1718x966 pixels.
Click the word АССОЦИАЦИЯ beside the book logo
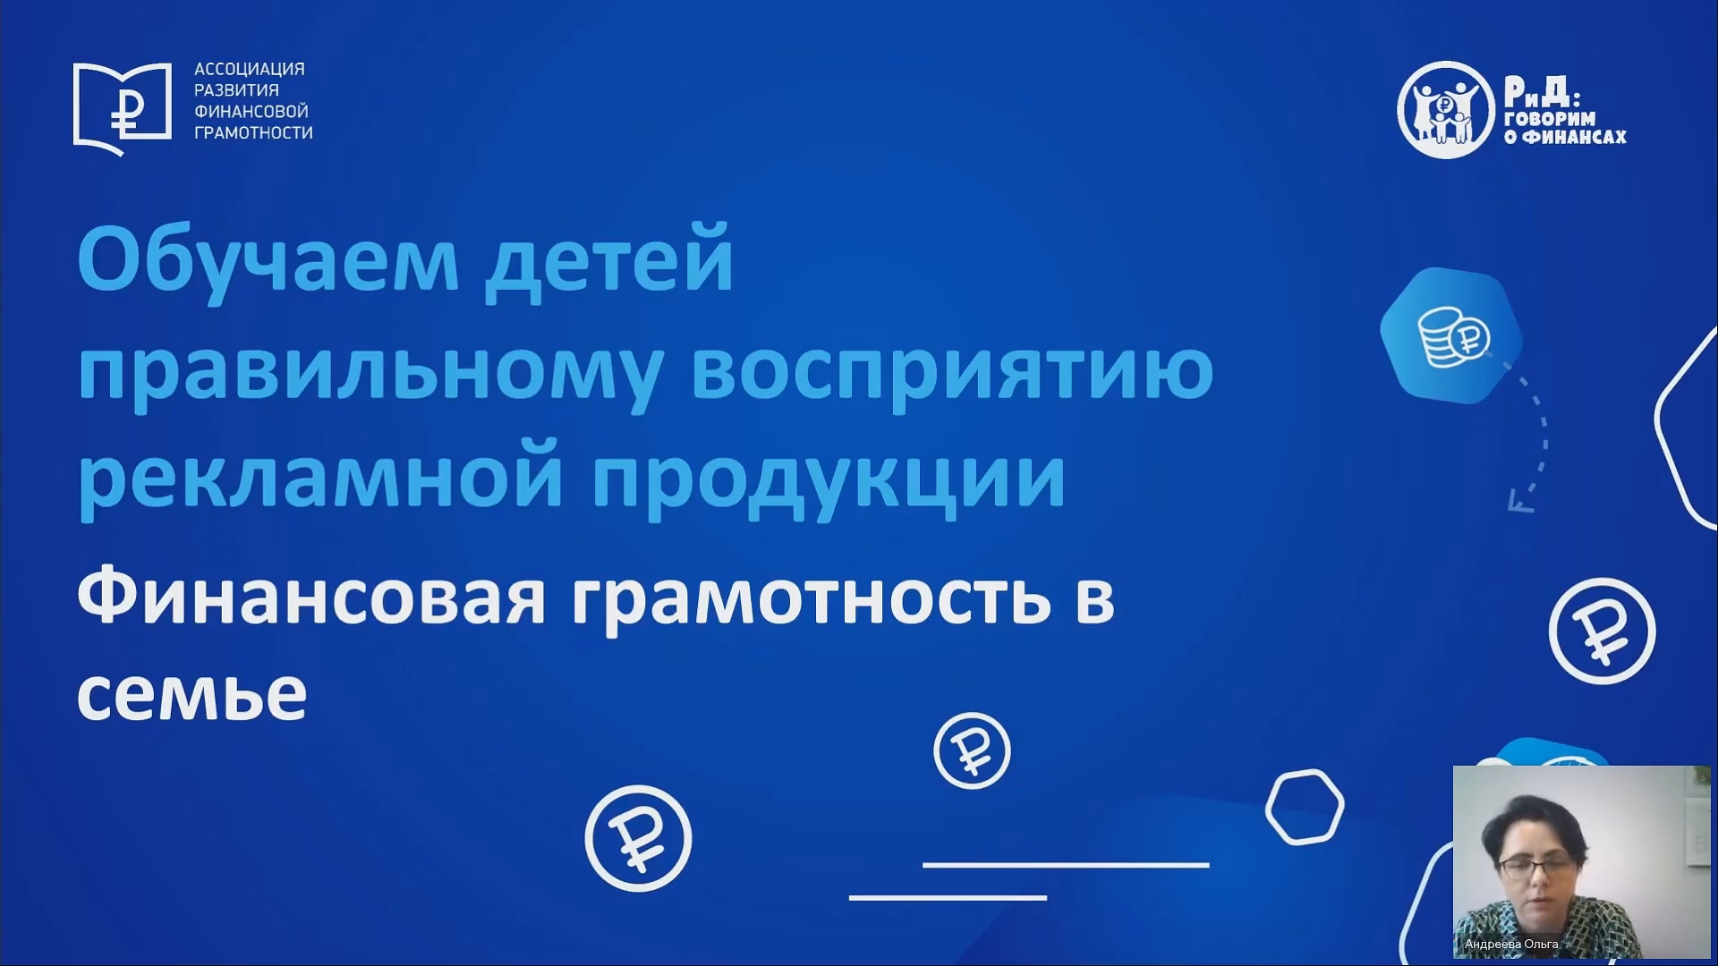[250, 69]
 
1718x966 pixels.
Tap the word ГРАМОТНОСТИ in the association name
[254, 132]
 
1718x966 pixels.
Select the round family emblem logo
[1446, 110]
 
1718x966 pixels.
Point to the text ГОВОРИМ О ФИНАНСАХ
[1564, 128]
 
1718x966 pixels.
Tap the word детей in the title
[609, 261]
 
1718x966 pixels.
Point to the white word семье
[192, 695]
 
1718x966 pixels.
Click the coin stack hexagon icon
[1450, 335]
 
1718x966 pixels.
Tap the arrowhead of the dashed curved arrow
[1518, 502]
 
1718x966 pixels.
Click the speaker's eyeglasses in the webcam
[1535, 868]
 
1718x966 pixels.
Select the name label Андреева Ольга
[1511, 944]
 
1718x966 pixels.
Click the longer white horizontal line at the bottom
[1066, 865]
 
